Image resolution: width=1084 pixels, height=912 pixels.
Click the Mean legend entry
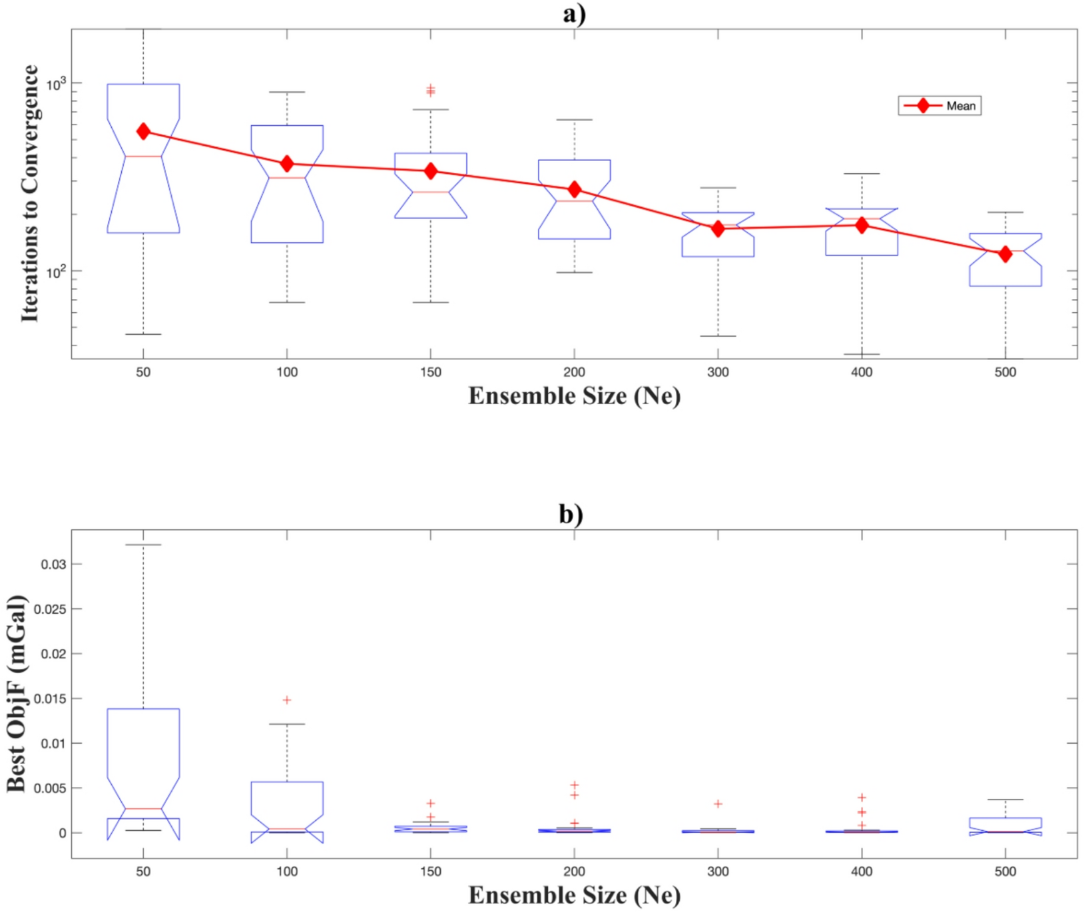point(940,106)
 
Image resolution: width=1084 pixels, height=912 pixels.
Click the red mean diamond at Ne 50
point(143,132)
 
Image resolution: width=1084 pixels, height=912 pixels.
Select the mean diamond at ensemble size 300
point(718,229)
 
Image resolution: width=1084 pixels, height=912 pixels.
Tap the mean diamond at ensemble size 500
point(1005,254)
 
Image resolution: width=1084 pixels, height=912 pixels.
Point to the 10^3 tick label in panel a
point(57,84)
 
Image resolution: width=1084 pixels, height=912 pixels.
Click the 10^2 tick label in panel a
point(57,272)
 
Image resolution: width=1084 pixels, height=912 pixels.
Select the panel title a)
point(573,13)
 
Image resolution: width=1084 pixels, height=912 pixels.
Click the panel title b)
point(571,514)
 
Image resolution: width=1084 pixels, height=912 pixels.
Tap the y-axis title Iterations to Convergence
point(29,193)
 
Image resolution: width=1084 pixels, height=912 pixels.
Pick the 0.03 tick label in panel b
point(53,565)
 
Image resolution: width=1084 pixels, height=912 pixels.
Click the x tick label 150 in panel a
point(431,372)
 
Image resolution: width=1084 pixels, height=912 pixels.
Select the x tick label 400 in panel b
point(862,871)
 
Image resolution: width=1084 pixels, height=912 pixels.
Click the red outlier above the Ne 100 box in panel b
point(287,700)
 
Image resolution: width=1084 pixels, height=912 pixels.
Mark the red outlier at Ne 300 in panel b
point(718,803)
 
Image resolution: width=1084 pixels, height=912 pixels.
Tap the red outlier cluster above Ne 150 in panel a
point(431,90)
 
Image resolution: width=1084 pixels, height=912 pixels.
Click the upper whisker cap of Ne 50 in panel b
point(143,545)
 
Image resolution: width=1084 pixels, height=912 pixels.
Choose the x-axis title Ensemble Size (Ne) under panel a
point(574,396)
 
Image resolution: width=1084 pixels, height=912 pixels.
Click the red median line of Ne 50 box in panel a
point(143,156)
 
